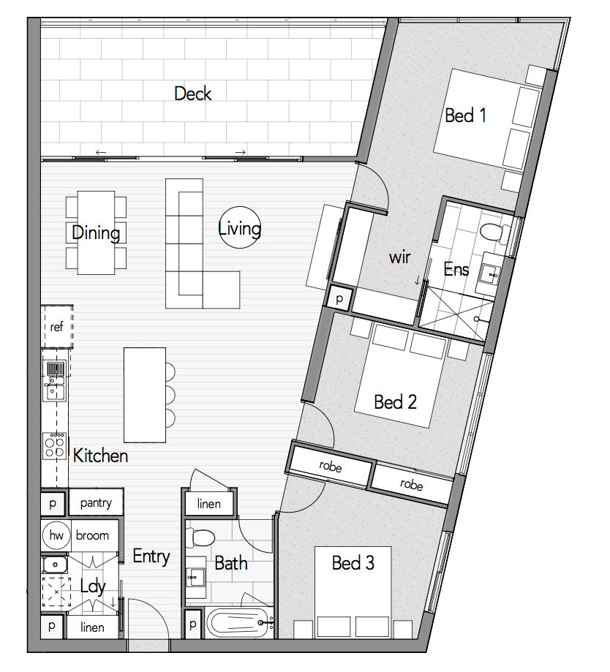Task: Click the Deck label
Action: pos(193,94)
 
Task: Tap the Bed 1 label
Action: pos(465,116)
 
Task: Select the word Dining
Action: pos(96,233)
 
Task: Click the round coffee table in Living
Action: pos(240,227)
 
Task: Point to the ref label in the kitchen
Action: pos(56,327)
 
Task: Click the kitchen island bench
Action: pos(145,395)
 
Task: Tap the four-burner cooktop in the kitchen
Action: pos(55,446)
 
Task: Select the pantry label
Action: pos(96,502)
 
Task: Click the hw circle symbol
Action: pos(56,535)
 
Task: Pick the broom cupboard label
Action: pos(92,535)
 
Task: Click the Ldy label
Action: pos(93,586)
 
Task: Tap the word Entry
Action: pos(151,556)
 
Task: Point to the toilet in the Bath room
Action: pos(200,537)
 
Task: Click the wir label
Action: pos(399,257)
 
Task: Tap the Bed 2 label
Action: pos(395,402)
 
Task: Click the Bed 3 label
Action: pos(353,563)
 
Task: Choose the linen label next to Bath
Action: pos(208,504)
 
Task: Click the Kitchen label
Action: pos(100,456)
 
